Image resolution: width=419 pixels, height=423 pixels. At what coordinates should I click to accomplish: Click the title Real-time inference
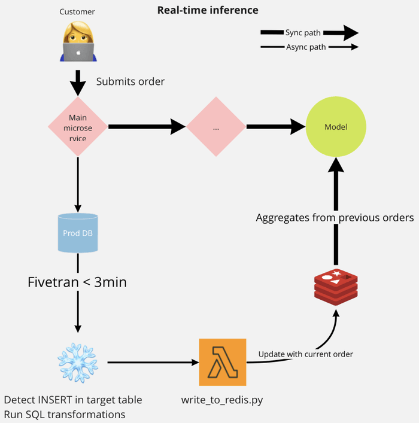(208, 10)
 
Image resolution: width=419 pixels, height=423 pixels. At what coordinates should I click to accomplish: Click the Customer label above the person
(77, 12)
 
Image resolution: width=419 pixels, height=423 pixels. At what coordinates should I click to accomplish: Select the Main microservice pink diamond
(78, 127)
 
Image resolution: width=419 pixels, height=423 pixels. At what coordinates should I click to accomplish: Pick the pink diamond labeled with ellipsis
(216, 127)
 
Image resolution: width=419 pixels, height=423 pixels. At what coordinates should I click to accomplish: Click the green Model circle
(335, 127)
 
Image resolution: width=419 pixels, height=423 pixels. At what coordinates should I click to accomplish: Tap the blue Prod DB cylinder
(78, 232)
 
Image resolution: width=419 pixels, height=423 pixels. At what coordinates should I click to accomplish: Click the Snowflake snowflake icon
(78, 362)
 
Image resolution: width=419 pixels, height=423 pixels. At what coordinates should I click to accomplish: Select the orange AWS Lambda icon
(222, 363)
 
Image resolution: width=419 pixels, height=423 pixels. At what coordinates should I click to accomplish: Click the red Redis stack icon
(336, 287)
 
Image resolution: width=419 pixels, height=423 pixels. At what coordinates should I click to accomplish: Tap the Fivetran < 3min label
(77, 281)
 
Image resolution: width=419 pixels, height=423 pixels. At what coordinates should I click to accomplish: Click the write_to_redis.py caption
(223, 399)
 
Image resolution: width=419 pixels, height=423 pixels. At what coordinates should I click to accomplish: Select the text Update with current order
(305, 354)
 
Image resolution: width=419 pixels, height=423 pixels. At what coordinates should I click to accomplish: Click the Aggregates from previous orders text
(335, 218)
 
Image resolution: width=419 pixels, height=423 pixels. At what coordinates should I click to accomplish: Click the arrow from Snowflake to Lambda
(153, 363)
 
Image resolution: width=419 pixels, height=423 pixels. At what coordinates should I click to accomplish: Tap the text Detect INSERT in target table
(73, 400)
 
